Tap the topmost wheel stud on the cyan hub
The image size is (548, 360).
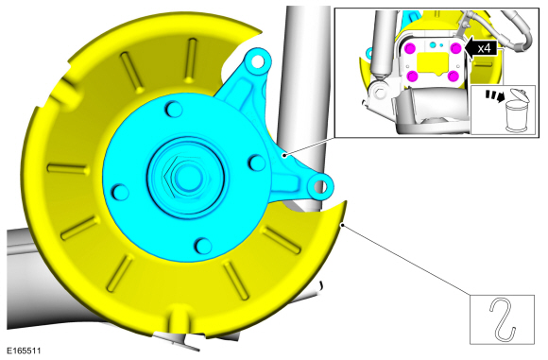(173, 109)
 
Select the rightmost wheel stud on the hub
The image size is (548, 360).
(257, 163)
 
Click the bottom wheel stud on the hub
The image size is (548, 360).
(203, 246)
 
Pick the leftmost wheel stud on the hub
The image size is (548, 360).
(120, 192)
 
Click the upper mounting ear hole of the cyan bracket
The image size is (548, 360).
(258, 62)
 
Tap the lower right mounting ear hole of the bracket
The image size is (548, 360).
(319, 187)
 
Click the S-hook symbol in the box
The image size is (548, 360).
(503, 319)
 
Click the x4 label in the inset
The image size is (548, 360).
(484, 48)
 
